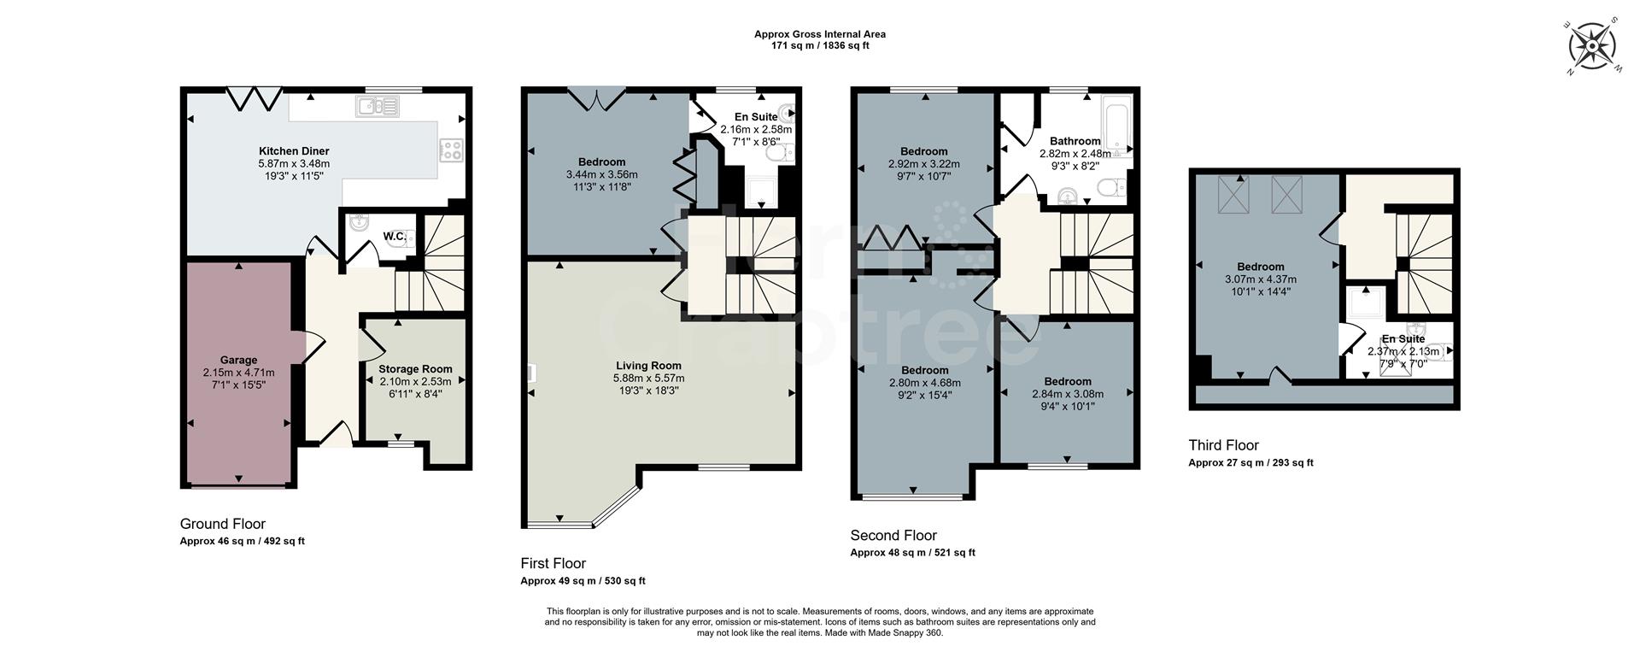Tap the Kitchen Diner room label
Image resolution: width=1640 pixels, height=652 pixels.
294,151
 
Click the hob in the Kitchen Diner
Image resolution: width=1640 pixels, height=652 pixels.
451,150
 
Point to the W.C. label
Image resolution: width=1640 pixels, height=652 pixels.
394,236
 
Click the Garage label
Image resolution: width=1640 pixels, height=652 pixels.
238,361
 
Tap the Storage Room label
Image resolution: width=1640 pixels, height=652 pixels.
415,369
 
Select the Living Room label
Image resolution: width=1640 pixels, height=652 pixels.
648,365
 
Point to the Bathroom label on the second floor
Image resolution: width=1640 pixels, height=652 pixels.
1075,141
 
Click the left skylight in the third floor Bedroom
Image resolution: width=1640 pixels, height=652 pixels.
1232,194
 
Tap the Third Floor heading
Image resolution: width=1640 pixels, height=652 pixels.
1223,445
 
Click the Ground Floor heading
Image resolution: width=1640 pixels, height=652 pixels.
222,524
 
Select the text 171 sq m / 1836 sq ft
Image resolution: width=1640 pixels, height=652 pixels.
819,46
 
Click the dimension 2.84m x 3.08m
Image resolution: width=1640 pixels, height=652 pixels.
1067,394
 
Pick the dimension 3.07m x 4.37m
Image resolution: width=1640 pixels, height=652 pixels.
1260,279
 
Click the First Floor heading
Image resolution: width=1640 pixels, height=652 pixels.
553,563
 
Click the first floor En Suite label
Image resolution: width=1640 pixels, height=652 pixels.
756,117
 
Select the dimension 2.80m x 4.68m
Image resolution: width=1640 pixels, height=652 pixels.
924,383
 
